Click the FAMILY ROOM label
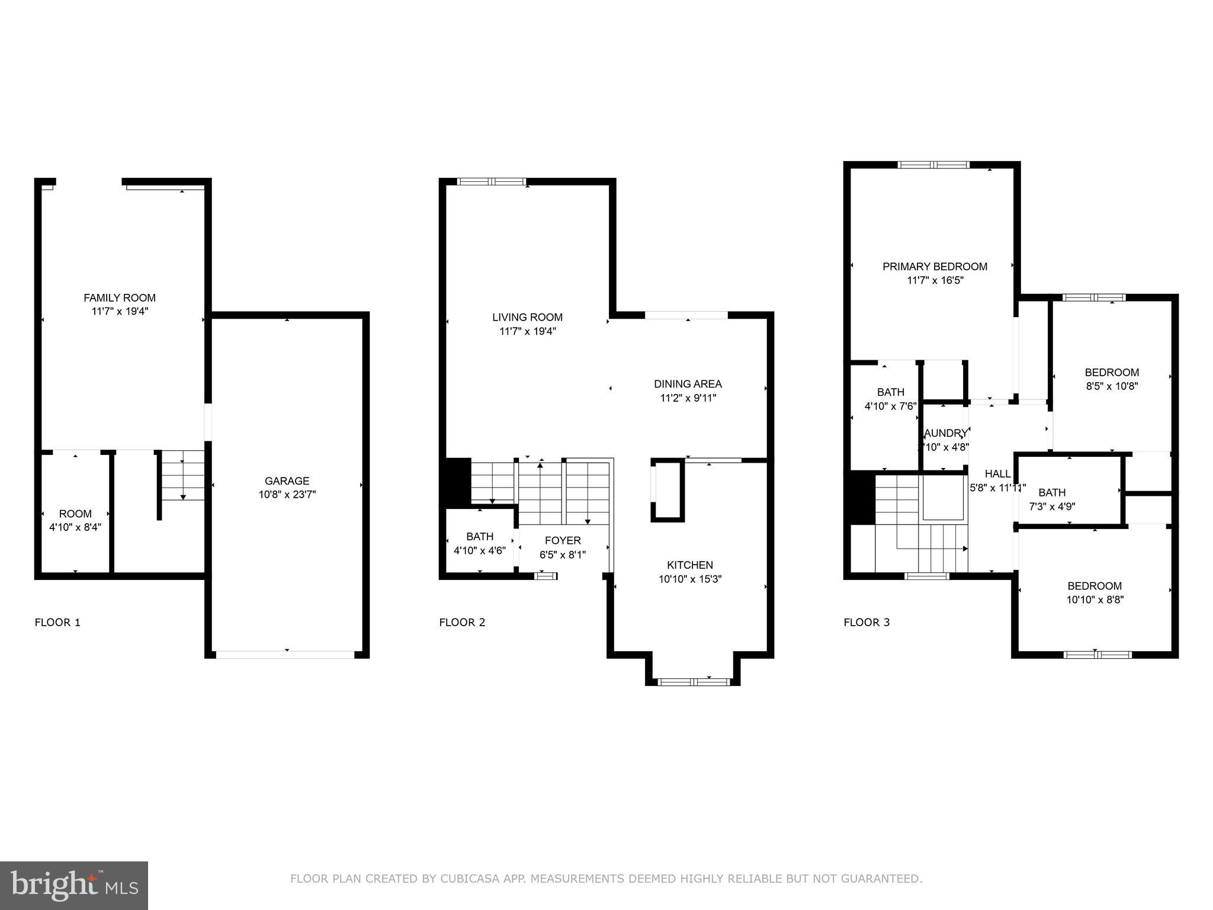(x=120, y=298)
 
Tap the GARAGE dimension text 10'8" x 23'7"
(x=287, y=495)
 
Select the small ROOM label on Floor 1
(x=75, y=514)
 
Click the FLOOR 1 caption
(x=57, y=622)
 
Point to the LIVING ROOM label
(x=527, y=318)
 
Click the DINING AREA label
(x=688, y=384)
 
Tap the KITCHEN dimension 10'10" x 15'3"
(x=690, y=579)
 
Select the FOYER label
(x=563, y=540)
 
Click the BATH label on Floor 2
(x=480, y=536)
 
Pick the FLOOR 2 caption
(x=462, y=622)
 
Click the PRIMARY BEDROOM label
(x=935, y=267)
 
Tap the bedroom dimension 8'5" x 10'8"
(x=1112, y=386)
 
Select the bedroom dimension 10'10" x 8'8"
(x=1095, y=600)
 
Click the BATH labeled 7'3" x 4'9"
(x=1052, y=492)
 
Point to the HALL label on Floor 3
(x=997, y=474)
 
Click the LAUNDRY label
(x=945, y=433)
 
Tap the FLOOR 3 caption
(x=867, y=622)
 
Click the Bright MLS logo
(x=74, y=885)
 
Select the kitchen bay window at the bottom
(x=694, y=682)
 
